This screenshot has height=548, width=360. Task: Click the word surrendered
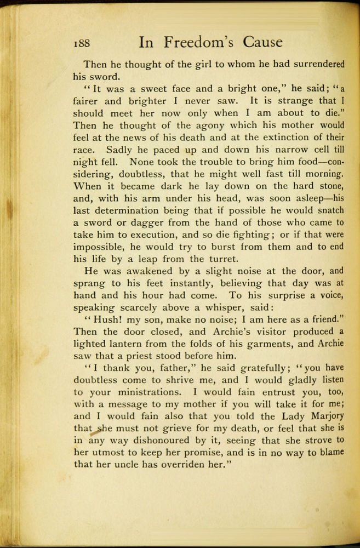point(309,64)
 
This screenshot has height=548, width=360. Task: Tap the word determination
point(128,211)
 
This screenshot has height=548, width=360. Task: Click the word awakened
point(144,271)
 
